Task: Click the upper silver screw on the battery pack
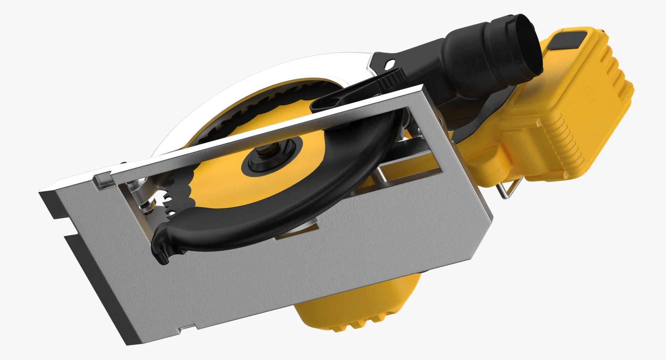tap(538, 123)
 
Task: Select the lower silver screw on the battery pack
tap(565, 176)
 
